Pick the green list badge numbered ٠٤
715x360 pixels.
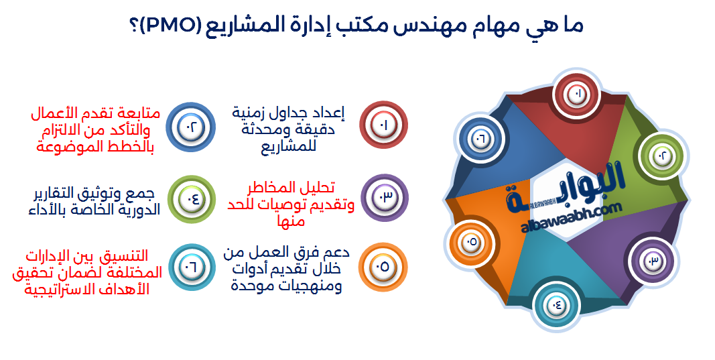[189, 198]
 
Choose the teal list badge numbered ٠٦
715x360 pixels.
[190, 267]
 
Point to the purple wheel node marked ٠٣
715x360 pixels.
[652, 260]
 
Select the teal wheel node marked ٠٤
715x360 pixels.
[558, 305]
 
